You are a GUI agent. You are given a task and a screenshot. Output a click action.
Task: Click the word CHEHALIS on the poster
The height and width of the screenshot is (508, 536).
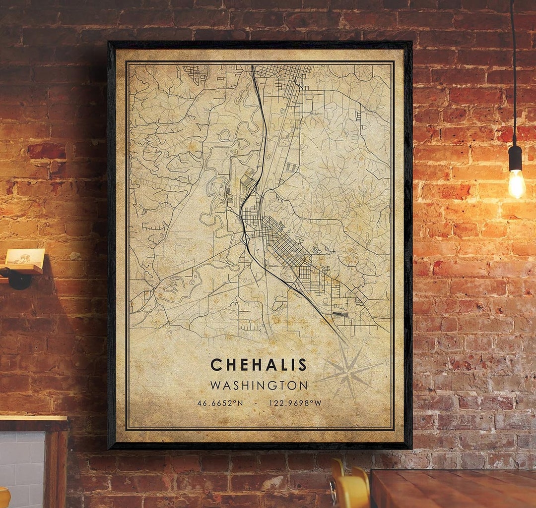(x=259, y=365)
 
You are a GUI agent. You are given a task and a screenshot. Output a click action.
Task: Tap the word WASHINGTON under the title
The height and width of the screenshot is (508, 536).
(x=259, y=385)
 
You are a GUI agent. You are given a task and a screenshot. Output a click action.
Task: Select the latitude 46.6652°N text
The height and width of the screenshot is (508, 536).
(x=220, y=403)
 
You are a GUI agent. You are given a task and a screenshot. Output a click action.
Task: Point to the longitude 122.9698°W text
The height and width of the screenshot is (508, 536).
(x=295, y=403)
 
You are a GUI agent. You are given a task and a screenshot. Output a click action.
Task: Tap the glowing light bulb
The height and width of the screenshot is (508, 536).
(x=517, y=184)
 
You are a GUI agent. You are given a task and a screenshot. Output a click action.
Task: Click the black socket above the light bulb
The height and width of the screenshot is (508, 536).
(x=515, y=158)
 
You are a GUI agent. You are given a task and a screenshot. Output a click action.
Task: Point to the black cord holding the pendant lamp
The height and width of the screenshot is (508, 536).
(x=513, y=74)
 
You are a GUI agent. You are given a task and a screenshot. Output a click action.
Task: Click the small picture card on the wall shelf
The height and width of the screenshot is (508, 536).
(x=25, y=256)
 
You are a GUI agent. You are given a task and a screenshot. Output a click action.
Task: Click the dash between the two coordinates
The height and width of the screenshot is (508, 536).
(x=256, y=403)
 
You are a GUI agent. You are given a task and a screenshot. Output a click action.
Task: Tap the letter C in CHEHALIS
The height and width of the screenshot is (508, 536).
(x=215, y=365)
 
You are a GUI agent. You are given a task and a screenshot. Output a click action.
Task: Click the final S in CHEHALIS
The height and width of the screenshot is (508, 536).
(x=302, y=365)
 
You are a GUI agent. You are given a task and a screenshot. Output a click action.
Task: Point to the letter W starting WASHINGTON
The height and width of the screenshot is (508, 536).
(x=216, y=385)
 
